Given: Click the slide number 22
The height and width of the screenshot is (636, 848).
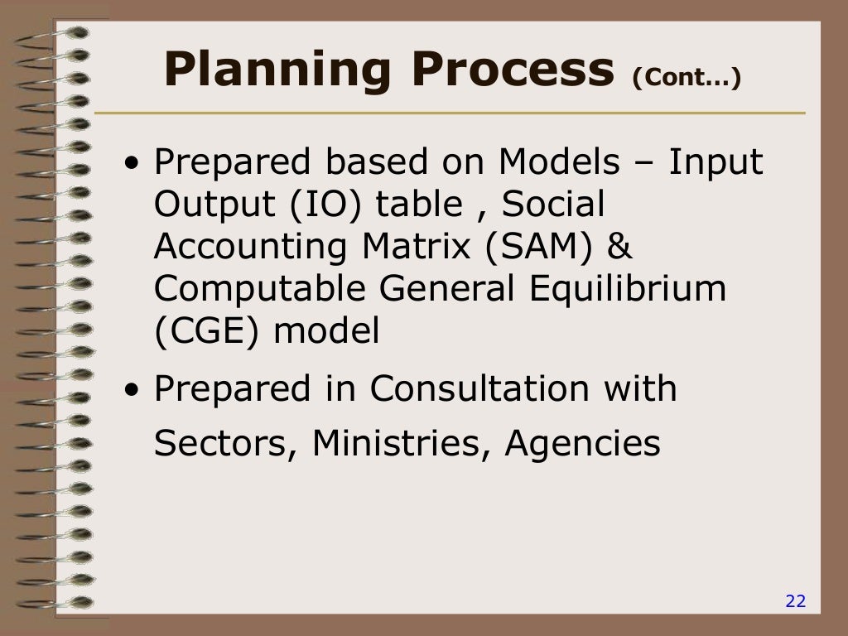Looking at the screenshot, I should pyautogui.click(x=795, y=601).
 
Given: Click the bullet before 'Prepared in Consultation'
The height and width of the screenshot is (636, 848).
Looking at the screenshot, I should pyautogui.click(x=132, y=390).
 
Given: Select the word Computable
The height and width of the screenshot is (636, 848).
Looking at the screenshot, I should pyautogui.click(x=260, y=290).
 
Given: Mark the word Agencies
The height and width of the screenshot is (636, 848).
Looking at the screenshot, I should pyautogui.click(x=583, y=446).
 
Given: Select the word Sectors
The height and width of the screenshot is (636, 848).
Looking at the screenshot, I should pyautogui.click(x=226, y=445).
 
